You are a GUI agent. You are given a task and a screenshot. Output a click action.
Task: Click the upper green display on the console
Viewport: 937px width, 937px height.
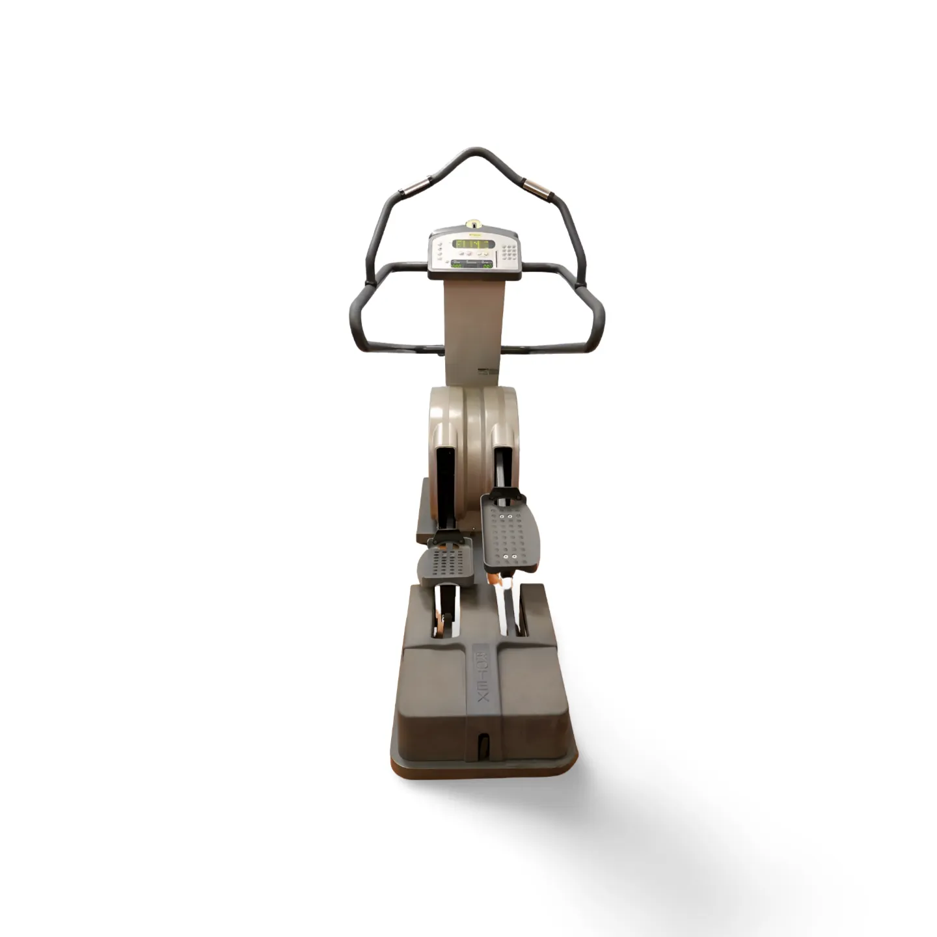pos(473,244)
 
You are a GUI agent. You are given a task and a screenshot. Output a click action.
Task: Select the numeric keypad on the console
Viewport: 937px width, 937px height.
pos(509,251)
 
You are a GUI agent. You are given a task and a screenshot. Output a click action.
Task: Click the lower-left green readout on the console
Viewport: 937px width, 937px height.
pos(457,265)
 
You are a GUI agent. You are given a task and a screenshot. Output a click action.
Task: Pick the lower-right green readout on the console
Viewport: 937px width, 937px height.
pos(487,265)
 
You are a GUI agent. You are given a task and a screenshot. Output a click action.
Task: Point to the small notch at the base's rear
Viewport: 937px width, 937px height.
pos(482,744)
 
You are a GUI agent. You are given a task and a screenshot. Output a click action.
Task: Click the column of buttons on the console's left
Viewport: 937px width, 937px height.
pos(441,251)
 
